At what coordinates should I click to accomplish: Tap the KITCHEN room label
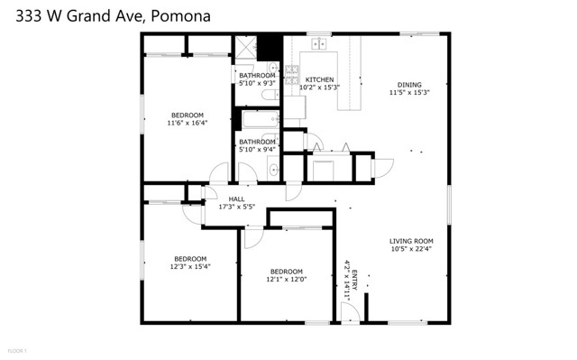[x=319, y=80]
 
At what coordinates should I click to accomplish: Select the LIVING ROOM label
[x=411, y=241]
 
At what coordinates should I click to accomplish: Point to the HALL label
[x=236, y=199]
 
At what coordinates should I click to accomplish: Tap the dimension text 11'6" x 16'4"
[x=188, y=123]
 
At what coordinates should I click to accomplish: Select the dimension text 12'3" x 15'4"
[x=189, y=266]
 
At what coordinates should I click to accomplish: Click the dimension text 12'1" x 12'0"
[x=286, y=280]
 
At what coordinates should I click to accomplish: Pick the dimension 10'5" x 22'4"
[x=411, y=250]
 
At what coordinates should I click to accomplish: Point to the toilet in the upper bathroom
[x=269, y=95]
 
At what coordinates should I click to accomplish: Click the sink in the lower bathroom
[x=273, y=168]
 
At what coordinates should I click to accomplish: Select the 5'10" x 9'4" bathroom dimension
[x=257, y=150]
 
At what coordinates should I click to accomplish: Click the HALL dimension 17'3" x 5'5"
[x=237, y=208]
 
